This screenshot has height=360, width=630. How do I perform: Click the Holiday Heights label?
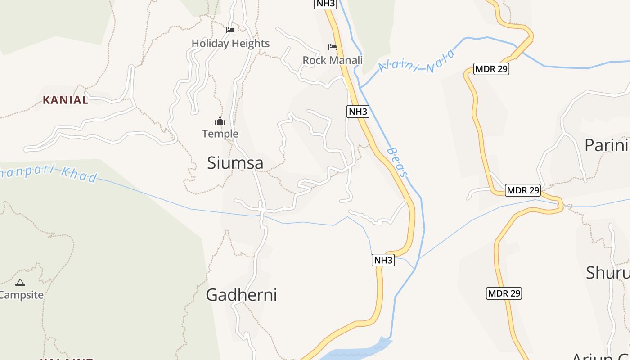230,44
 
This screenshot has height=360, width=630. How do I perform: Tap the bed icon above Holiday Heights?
230,30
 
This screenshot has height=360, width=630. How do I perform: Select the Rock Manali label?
333,60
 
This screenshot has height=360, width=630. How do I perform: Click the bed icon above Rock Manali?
333,47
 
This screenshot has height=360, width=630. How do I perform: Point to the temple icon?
220,121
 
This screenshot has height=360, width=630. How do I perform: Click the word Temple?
220,134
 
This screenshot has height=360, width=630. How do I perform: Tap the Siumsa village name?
235,163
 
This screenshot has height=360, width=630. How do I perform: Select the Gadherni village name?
241,295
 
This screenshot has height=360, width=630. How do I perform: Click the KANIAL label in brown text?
66,100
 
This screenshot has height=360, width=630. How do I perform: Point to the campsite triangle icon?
20,283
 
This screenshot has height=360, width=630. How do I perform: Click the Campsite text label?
22,295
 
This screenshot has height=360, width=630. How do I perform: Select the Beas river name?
398,162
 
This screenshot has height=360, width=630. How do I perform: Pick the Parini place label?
606,145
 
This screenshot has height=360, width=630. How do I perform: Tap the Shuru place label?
607,273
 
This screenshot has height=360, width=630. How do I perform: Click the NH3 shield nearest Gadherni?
383,260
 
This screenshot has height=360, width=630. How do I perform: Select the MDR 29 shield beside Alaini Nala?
491,69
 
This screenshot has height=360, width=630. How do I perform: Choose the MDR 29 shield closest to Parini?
522,190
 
